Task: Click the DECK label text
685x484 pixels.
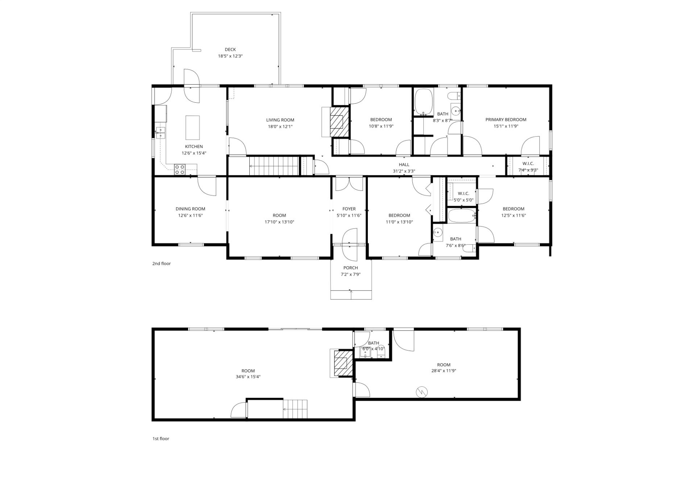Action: tap(230, 50)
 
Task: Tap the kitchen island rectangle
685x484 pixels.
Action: tap(192, 127)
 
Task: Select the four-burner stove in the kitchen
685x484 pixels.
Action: tap(180, 169)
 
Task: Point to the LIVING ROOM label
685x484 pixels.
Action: tap(280, 120)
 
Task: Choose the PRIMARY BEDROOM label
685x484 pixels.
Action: tap(506, 120)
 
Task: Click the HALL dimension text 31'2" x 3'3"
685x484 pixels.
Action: tap(404, 171)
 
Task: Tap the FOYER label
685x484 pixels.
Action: tap(349, 209)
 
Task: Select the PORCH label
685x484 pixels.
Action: tap(350, 268)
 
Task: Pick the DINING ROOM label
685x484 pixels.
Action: tap(190, 209)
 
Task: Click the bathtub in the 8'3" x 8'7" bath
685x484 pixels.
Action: tap(424, 101)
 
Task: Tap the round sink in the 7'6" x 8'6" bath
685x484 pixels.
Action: tap(438, 232)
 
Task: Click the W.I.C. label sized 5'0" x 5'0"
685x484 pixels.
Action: tap(463, 193)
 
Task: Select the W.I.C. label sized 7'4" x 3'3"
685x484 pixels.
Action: tap(528, 164)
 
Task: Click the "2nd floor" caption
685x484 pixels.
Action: tap(161, 264)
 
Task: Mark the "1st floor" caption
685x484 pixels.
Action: tap(161, 439)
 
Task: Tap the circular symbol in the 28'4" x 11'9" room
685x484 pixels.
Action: tap(422, 391)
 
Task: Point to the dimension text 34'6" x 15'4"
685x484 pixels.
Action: tap(248, 377)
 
